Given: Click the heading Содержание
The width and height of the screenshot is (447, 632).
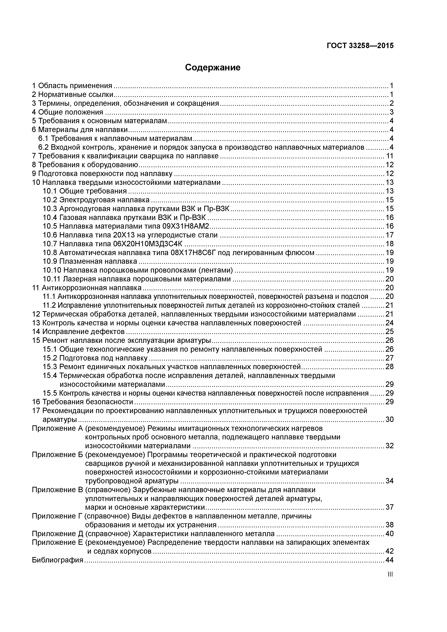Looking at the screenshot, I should coord(213,67).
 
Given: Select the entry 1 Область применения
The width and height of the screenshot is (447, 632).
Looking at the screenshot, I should coord(72,86).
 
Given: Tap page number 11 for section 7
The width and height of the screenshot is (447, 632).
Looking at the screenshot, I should coord(390,156).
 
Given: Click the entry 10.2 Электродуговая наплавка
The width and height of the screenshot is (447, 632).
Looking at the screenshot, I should coord(96,200).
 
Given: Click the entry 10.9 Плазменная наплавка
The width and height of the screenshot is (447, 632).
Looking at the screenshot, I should coord(90,261).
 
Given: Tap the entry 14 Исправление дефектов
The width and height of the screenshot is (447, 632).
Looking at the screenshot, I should coord(78,331).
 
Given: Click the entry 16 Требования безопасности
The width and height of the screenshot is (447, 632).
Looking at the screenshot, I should coord(83,402).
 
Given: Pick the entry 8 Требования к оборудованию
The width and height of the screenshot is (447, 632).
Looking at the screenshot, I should coord(85,165).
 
